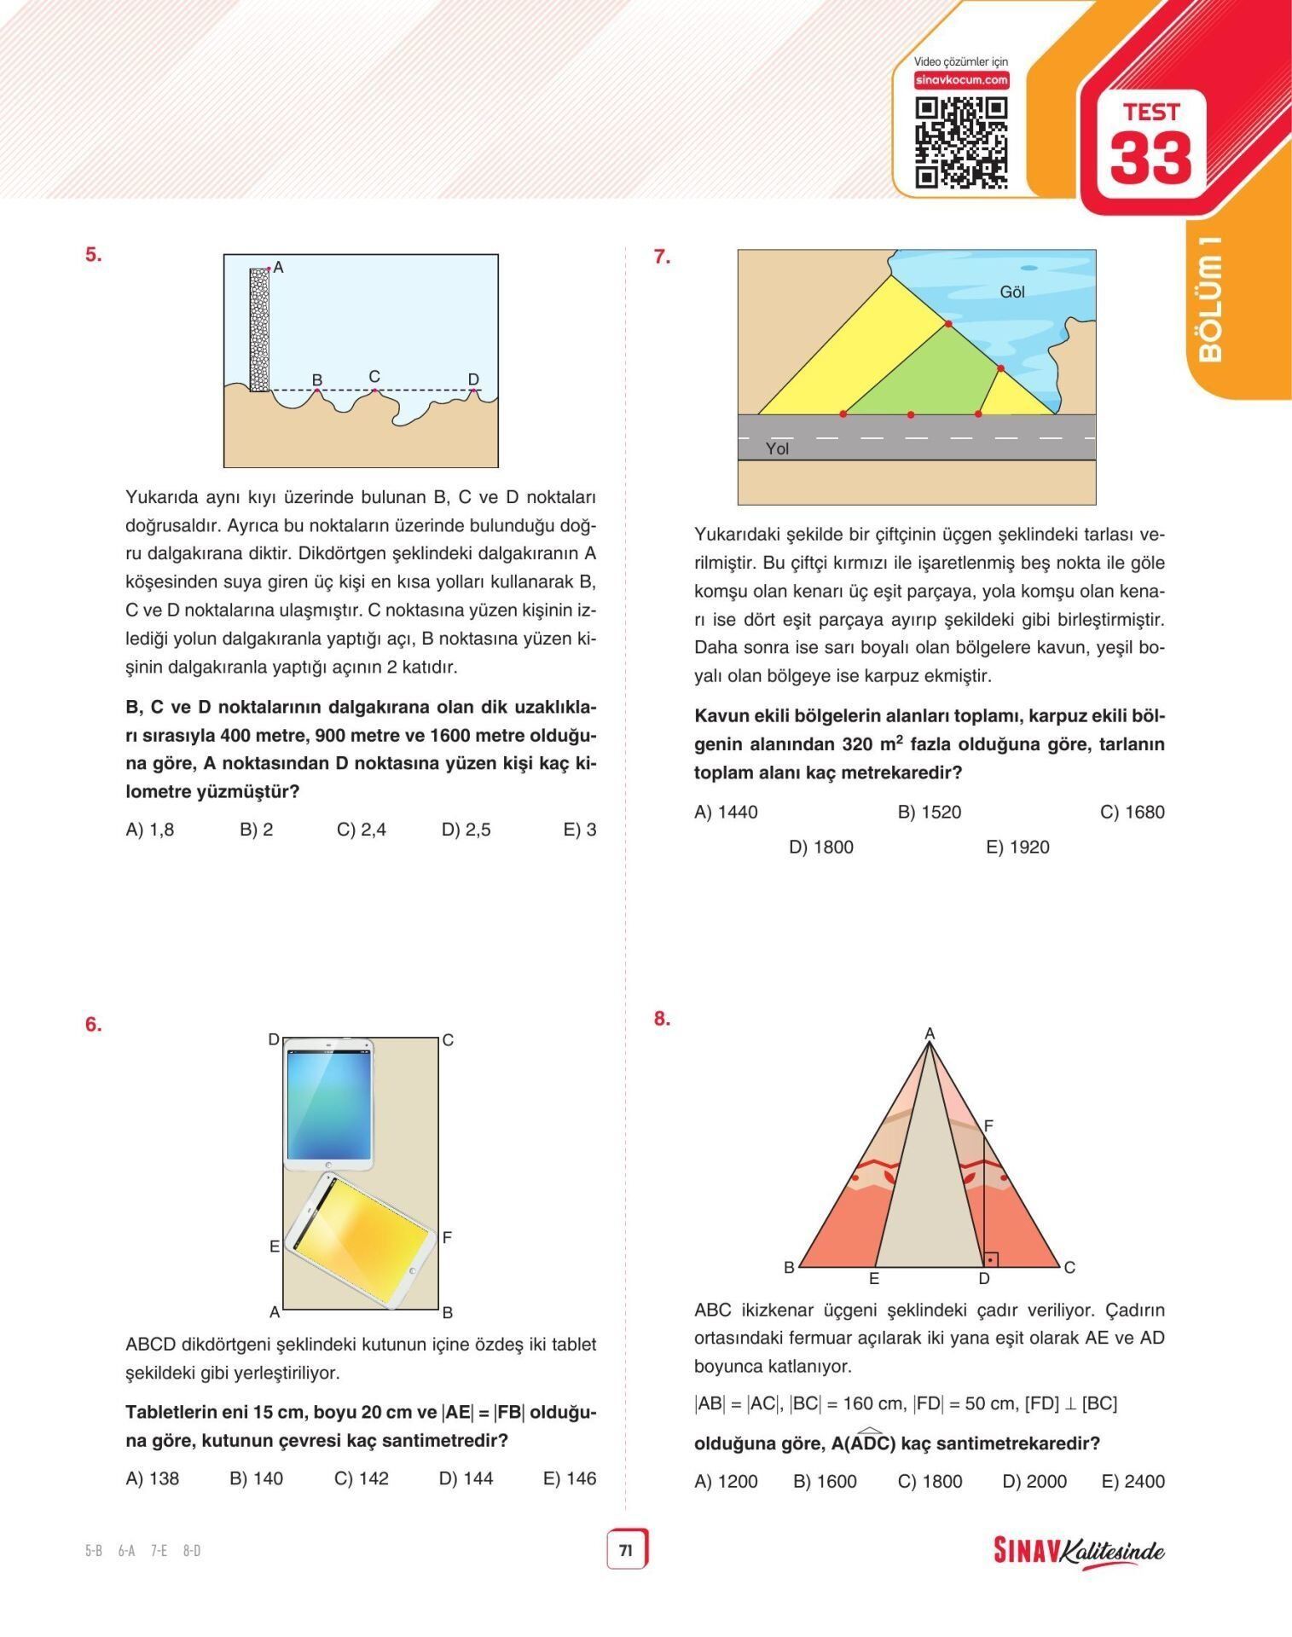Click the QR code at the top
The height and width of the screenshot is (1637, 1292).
pyautogui.click(x=961, y=142)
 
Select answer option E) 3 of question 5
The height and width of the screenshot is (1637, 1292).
pyautogui.click(x=580, y=830)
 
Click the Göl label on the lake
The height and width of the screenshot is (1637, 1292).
pyautogui.click(x=1012, y=292)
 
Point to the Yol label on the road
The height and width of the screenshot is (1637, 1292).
pyautogui.click(x=777, y=448)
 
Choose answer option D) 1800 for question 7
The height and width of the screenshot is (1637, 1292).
pyautogui.click(x=820, y=847)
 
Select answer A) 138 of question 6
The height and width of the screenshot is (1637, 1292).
pyautogui.click(x=152, y=1478)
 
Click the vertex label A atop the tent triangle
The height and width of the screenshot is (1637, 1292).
pyautogui.click(x=930, y=1033)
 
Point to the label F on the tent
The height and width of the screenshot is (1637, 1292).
pyautogui.click(x=988, y=1126)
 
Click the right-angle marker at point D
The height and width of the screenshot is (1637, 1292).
pyautogui.click(x=990, y=1258)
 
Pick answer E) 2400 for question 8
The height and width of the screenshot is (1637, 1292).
pyautogui.click(x=1133, y=1482)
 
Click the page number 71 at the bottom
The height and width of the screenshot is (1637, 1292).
pyautogui.click(x=626, y=1550)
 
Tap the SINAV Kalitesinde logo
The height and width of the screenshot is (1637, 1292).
pyautogui.click(x=1079, y=1551)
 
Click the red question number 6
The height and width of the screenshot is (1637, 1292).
pyautogui.click(x=93, y=1025)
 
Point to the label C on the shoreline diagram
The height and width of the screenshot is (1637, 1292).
pyautogui.click(x=374, y=377)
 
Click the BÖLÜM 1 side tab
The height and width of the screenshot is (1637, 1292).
pyautogui.click(x=1210, y=298)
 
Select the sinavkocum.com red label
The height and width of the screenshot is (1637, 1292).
pyautogui.click(x=961, y=80)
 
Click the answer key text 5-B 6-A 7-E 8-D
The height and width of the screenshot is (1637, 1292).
pyautogui.click(x=142, y=1551)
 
